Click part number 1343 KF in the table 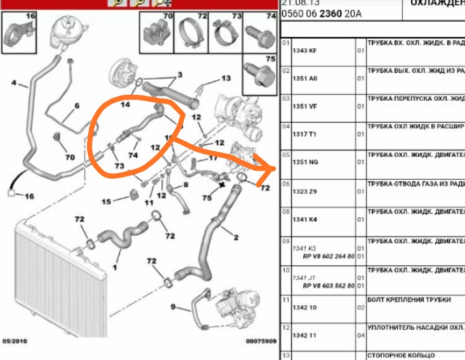click(x=304, y=51)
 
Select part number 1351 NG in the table click(x=304, y=162)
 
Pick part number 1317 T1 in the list click(x=304, y=134)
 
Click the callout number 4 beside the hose click(x=14, y=83)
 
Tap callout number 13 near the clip click(x=226, y=79)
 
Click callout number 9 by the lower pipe click(x=173, y=307)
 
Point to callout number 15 click(x=106, y=202)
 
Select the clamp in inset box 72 click(x=188, y=32)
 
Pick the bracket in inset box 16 click(x=18, y=33)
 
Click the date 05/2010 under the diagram click(x=15, y=341)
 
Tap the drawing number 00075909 click(x=261, y=341)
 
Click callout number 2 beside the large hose click(x=236, y=237)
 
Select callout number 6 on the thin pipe click(x=76, y=106)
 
